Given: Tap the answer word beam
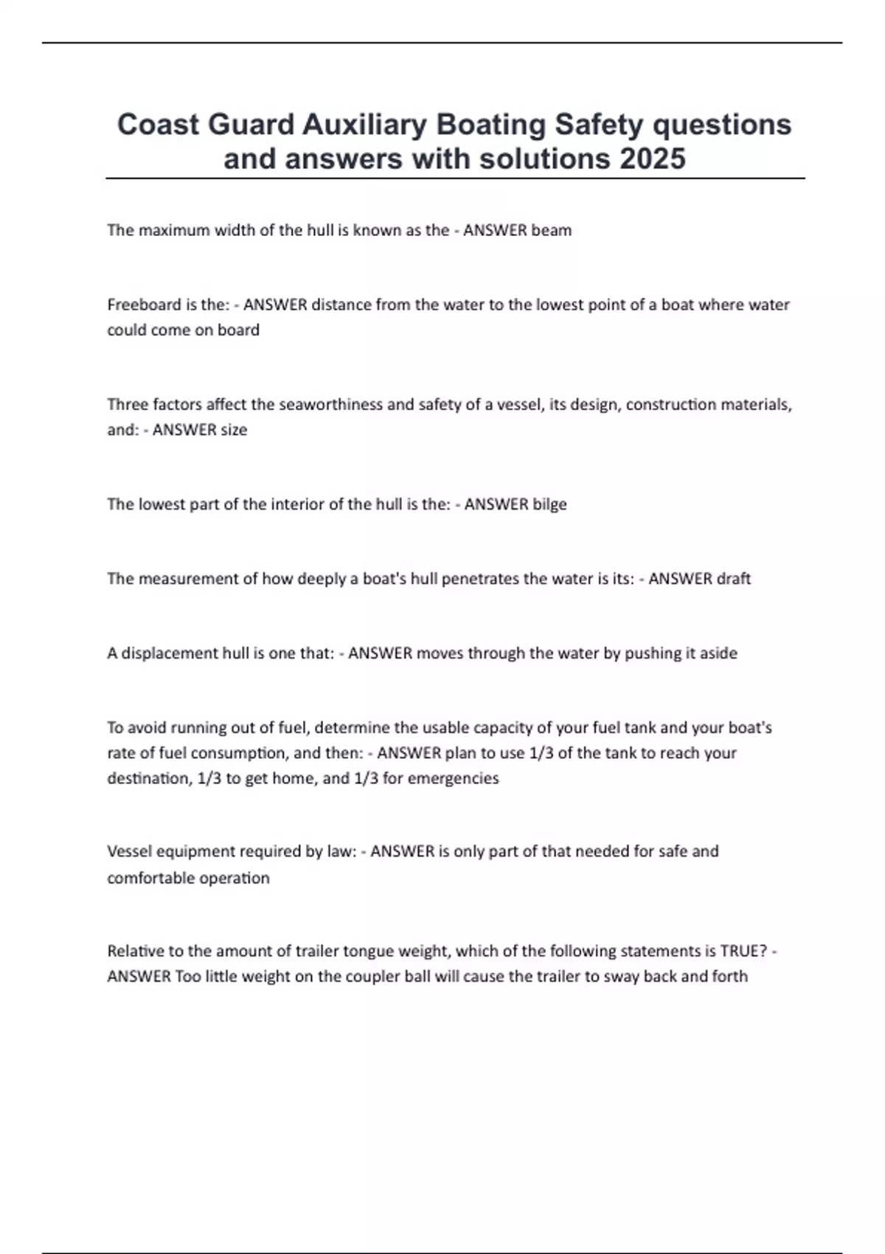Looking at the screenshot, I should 552,230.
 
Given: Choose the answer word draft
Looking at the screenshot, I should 733,579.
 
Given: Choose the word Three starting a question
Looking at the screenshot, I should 128,405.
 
